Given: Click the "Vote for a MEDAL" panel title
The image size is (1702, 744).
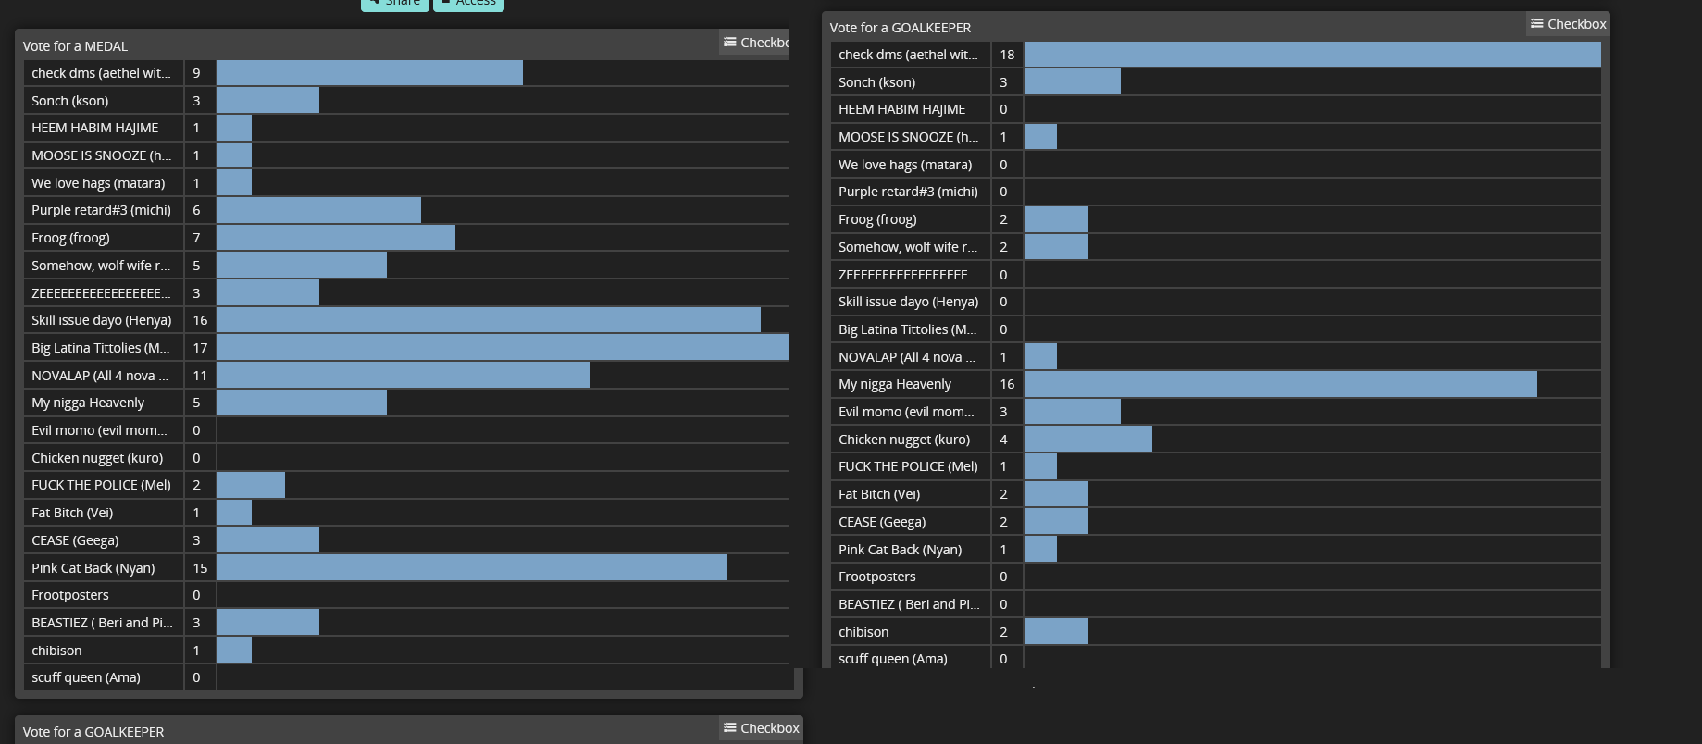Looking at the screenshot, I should pyautogui.click(x=75, y=46).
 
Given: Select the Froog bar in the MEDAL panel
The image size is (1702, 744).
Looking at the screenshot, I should pyautogui.click(x=336, y=238).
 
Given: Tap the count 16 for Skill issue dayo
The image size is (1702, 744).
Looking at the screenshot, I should pyautogui.click(x=200, y=320).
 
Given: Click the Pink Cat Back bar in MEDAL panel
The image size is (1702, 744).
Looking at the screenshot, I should pyautogui.click(x=471, y=568).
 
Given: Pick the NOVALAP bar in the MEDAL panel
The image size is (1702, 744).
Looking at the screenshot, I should pyautogui.click(x=404, y=376).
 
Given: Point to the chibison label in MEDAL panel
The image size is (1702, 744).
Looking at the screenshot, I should pyautogui.click(x=57, y=651).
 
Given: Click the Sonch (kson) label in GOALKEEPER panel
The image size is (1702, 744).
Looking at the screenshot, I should pyautogui.click(x=876, y=82).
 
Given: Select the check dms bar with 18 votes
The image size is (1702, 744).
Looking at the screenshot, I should pyautogui.click(x=1311, y=55).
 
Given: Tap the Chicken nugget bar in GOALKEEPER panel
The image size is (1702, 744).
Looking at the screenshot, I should pyautogui.click(x=1087, y=440).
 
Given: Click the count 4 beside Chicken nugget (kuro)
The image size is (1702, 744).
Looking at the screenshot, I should pyautogui.click(x=1003, y=440).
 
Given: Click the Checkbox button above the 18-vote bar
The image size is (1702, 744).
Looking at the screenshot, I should pyautogui.click(x=1568, y=24).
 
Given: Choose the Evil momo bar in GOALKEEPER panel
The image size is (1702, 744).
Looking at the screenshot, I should pyautogui.click(x=1072, y=412).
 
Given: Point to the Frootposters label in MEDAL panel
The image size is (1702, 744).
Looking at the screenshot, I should pyautogui.click(x=70, y=595).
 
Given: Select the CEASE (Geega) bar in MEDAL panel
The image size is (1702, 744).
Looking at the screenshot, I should pyautogui.click(x=268, y=540).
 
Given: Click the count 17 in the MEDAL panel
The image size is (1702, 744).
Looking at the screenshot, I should pyautogui.click(x=200, y=348).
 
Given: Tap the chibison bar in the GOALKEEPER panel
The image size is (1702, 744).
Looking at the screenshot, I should pyautogui.click(x=1056, y=632).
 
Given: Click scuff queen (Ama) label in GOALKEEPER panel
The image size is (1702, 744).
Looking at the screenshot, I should pyautogui.click(x=892, y=659).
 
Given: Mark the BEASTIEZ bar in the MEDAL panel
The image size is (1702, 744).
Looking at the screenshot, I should pyautogui.click(x=268, y=623).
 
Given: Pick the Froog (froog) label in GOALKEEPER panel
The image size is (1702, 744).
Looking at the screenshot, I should pyautogui.click(x=877, y=219).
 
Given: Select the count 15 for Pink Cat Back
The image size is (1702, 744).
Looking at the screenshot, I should pyautogui.click(x=200, y=568).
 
